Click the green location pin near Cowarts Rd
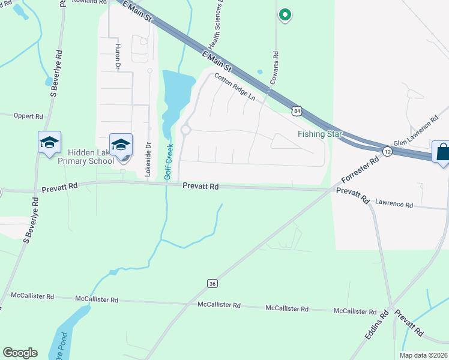pyautogui.click(x=285, y=15)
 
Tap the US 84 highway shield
pyautogui.click(x=297, y=110)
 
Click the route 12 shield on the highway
pyautogui.click(x=388, y=153)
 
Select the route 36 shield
pyautogui.click(x=211, y=283)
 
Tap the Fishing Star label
pyautogui.click(x=320, y=134)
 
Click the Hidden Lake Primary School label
pyautogui.click(x=86, y=157)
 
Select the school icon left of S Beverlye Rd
pyautogui.click(x=49, y=143)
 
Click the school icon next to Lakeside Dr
pyautogui.click(x=121, y=145)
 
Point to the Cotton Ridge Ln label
pyautogui.click(x=235, y=88)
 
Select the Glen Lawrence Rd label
pyautogui.click(x=416, y=136)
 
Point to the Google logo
pyautogui.click(x=19, y=353)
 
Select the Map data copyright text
pyautogui.click(x=423, y=355)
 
